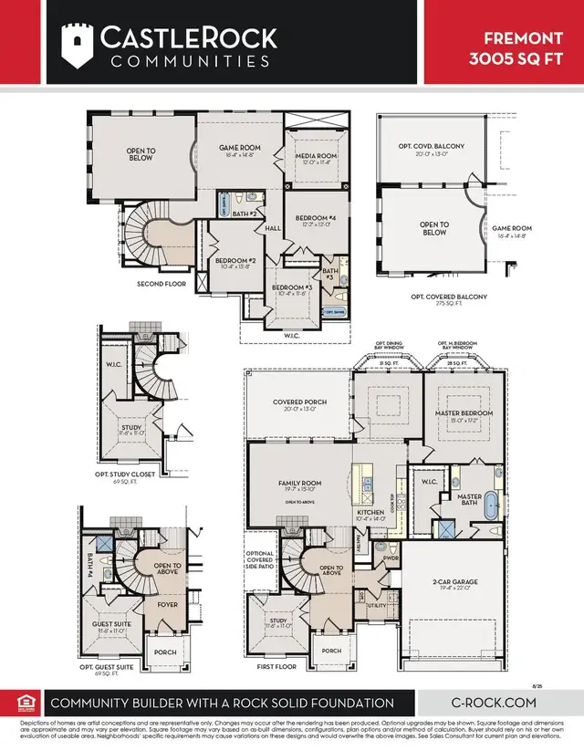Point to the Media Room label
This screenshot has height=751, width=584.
316,157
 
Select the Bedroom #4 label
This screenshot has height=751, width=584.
315,220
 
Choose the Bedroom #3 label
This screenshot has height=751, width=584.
292,289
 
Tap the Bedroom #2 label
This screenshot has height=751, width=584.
235,262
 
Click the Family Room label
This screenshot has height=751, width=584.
299,484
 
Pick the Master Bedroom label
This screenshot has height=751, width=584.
464,413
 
